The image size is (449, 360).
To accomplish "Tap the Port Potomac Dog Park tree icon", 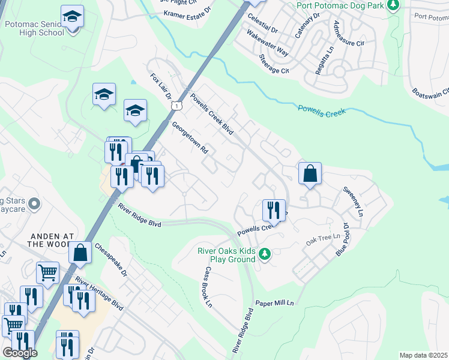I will (x=393, y=7).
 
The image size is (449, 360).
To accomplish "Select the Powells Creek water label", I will (x=322, y=109).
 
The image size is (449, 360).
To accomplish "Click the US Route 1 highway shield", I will (x=175, y=106).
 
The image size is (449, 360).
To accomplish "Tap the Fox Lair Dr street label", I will (x=161, y=86).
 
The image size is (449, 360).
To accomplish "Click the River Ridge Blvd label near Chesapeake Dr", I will (x=139, y=215).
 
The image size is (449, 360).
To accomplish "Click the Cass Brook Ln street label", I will (x=208, y=287).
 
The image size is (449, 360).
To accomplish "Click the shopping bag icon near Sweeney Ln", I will (x=310, y=173).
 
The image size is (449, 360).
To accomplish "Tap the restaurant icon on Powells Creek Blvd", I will (x=274, y=210).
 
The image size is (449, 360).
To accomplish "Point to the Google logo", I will (x=20, y=353).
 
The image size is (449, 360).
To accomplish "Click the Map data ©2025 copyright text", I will (x=423, y=355).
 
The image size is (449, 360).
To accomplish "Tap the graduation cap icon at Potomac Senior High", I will (x=72, y=17).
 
